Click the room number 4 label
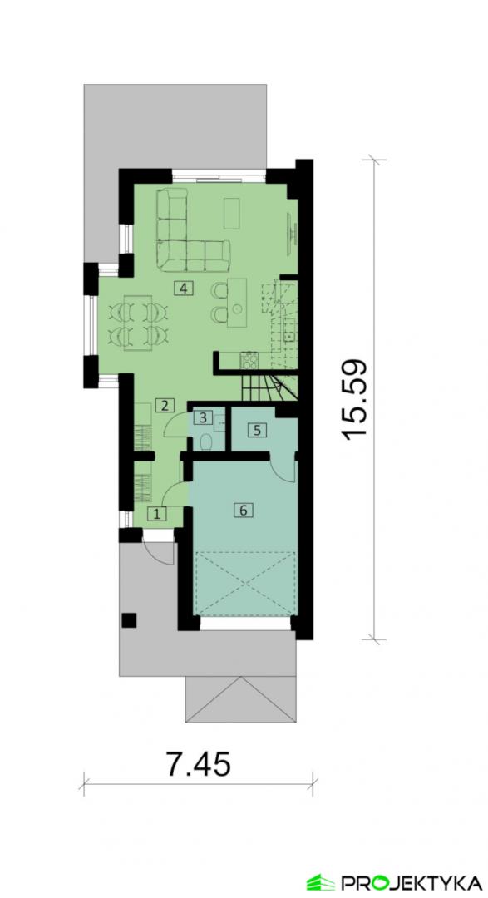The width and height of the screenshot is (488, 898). pyautogui.click(x=183, y=288)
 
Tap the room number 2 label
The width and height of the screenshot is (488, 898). pyautogui.click(x=165, y=406)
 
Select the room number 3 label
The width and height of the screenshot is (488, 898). pyautogui.click(x=203, y=417)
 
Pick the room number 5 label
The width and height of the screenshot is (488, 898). pyautogui.click(x=258, y=430)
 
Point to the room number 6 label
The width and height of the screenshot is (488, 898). pyautogui.click(x=244, y=510)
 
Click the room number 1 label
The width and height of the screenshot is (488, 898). pyautogui.click(x=158, y=514)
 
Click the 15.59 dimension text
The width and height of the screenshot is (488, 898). pyautogui.click(x=354, y=400)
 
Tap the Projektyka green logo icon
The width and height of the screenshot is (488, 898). pyautogui.click(x=320, y=882)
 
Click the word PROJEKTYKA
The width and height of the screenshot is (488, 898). pyautogui.click(x=412, y=882)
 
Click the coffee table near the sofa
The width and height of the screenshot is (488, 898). pyautogui.click(x=232, y=213)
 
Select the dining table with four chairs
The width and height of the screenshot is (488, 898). pyautogui.click(x=137, y=323)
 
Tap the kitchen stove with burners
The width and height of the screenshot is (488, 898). pyautogui.click(x=249, y=360)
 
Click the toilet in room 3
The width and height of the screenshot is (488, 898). pyautogui.click(x=206, y=442)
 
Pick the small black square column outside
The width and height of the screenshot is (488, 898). pyautogui.click(x=130, y=620)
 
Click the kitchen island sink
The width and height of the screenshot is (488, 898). pyautogui.click(x=237, y=308)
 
